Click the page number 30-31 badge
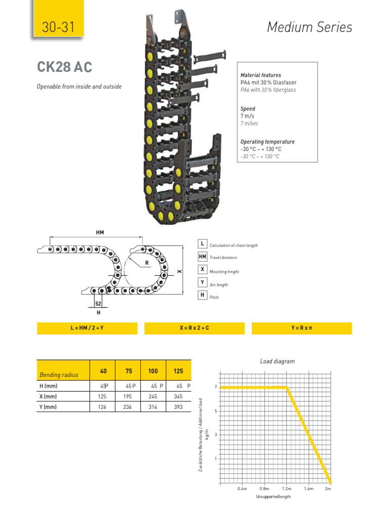coord(58,27)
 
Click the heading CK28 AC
coord(64,67)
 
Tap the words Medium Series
coord(309,27)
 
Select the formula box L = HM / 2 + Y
coord(87,328)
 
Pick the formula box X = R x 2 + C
coord(194,328)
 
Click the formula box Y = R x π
coord(301,328)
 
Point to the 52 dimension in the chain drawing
coord(98,303)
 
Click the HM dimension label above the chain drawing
coord(99,232)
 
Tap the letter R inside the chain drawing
coord(147,263)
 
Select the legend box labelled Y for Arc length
coord(202,282)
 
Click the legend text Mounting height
coord(224,272)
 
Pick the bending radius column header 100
coord(153,371)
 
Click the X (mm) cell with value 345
coord(178,396)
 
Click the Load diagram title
coord(277,361)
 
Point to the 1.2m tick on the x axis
coord(286,489)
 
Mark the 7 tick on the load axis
coord(216,387)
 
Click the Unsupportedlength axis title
coord(273,497)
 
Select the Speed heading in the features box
coord(248,108)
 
